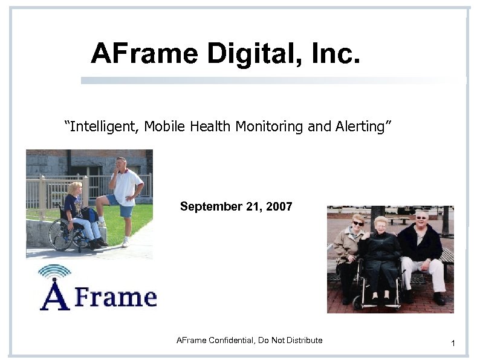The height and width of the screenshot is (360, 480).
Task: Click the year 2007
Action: (277, 206)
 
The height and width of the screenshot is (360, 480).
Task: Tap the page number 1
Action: (452, 344)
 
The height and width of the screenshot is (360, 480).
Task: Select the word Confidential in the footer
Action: (232, 340)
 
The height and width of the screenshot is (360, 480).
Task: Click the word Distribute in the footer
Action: (305, 340)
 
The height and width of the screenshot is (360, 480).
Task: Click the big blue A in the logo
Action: (54, 295)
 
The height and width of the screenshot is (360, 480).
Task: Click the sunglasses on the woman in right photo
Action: (358, 223)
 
